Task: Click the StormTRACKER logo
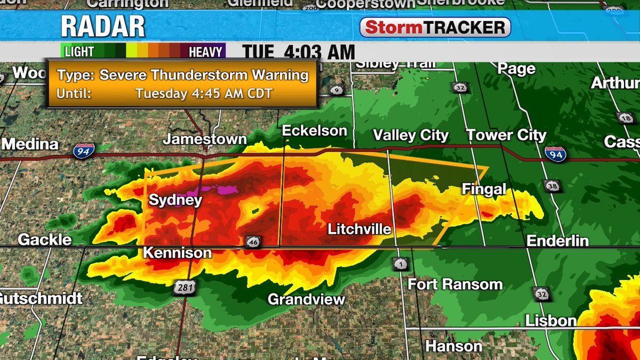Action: [x=435, y=27]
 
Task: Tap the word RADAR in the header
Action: [x=102, y=27]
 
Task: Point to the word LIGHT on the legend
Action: [x=79, y=52]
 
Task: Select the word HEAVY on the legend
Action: [x=205, y=52]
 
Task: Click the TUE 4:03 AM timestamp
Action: [x=299, y=52]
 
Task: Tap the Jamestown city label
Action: [x=205, y=139]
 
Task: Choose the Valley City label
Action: [x=411, y=135]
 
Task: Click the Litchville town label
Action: [x=359, y=229]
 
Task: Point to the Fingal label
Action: [x=483, y=189]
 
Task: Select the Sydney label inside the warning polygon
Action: [x=175, y=201]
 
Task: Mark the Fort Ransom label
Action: [x=455, y=284]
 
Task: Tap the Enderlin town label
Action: [x=557, y=241]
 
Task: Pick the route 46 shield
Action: [x=253, y=242]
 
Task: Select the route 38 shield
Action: [x=553, y=186]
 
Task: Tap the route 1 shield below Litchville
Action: [x=400, y=264]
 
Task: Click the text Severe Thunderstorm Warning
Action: [x=204, y=75]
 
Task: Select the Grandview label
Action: [x=306, y=299]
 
